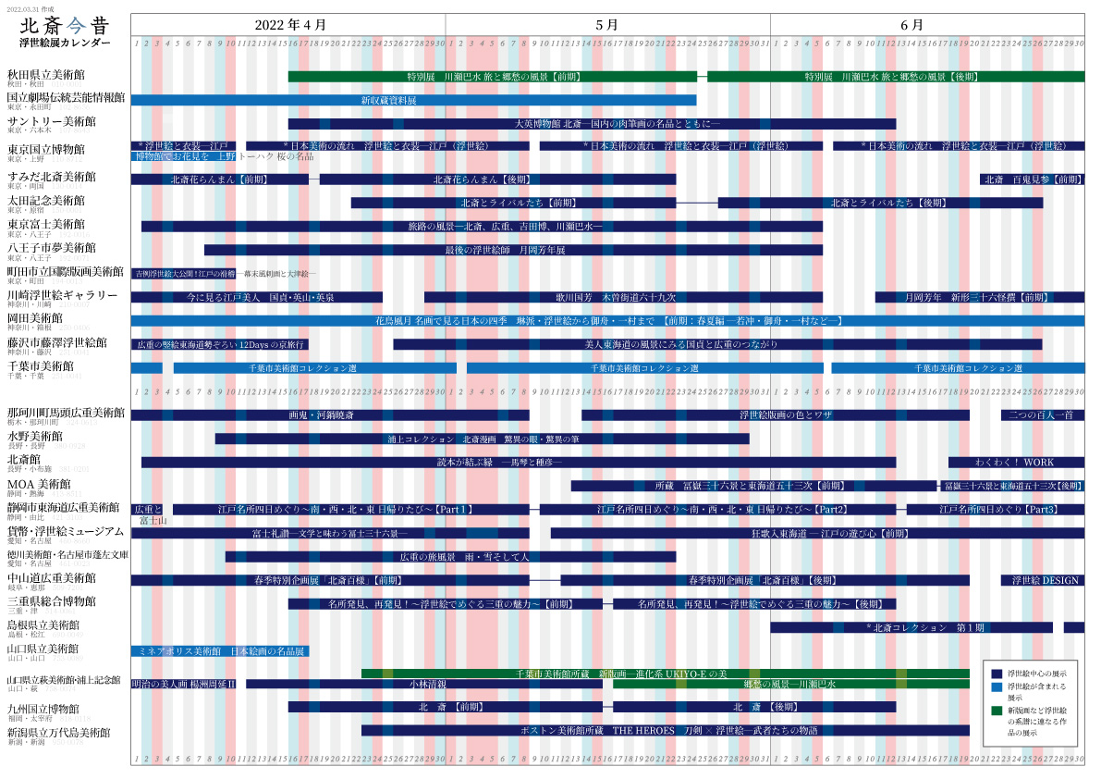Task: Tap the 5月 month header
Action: (x=606, y=24)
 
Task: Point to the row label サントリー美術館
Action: (x=51, y=121)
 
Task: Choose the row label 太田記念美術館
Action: (x=45, y=200)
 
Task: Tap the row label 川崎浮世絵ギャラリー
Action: (x=62, y=295)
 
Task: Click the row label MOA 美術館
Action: (x=39, y=484)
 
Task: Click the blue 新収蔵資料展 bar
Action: (x=413, y=100)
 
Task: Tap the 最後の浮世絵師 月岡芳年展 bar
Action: (x=513, y=250)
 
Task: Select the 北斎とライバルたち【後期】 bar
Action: (x=880, y=203)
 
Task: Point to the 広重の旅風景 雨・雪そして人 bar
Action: (x=450, y=557)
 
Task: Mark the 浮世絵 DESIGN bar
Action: (x=1043, y=580)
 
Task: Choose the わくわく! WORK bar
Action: (x=1016, y=462)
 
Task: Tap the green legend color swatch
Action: (x=997, y=710)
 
